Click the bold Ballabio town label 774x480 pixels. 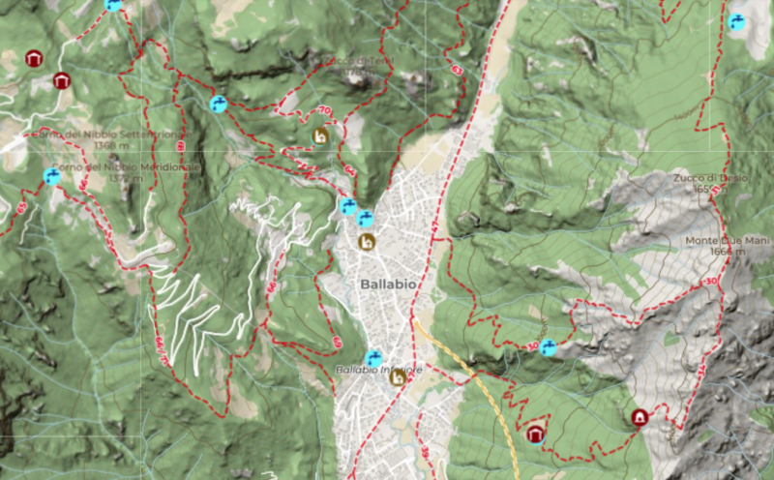click(389, 285)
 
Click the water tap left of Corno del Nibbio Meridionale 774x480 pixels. click(52, 177)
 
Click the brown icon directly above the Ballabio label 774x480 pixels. click(366, 241)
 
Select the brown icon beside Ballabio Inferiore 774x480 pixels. click(397, 377)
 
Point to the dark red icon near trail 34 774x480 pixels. click(640, 417)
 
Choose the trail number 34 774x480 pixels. click(700, 368)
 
